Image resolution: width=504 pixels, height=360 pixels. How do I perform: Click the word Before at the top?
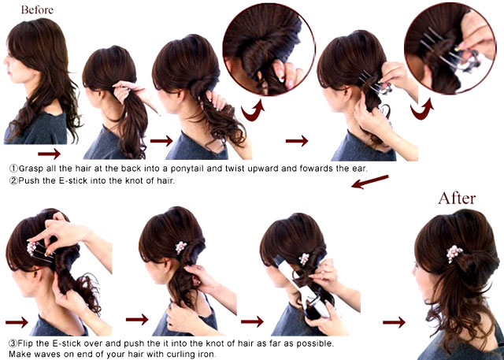click(37, 9)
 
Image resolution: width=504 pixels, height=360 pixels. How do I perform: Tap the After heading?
click(457, 198)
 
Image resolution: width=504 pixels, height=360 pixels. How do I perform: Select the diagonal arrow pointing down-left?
click(369, 182)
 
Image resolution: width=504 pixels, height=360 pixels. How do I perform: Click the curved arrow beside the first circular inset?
click(253, 111)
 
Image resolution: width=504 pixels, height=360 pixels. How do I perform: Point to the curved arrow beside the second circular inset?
click(421, 110)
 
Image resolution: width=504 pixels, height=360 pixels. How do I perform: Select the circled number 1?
click(13, 169)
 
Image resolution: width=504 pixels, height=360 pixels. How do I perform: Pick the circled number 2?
click(13, 180)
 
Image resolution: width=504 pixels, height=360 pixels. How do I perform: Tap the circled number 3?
click(13, 343)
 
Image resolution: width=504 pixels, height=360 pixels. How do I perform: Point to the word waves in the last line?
click(45, 354)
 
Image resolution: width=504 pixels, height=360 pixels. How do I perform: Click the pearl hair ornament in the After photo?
click(454, 254)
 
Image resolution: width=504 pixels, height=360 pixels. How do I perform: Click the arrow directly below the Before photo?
click(49, 154)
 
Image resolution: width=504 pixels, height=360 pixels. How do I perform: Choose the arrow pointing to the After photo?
click(394, 322)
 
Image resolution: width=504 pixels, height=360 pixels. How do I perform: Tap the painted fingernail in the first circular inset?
click(280, 77)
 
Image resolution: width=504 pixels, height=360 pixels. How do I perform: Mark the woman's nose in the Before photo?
click(6, 61)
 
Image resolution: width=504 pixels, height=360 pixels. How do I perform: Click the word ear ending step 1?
click(360, 169)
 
